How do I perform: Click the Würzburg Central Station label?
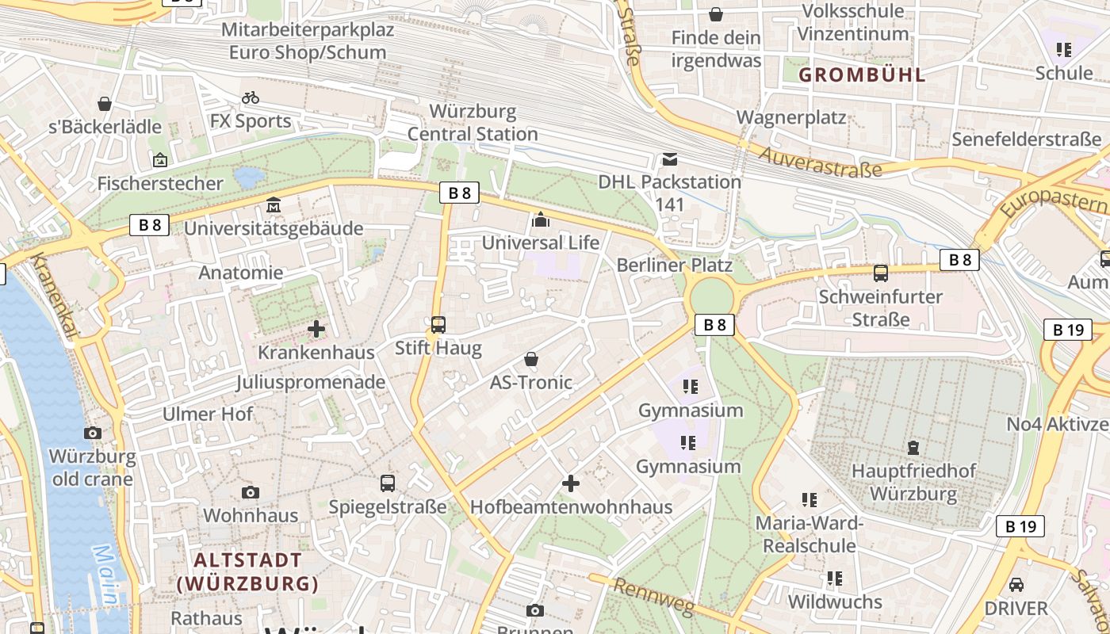tap(473, 122)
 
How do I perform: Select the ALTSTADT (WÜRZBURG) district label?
tap(247, 571)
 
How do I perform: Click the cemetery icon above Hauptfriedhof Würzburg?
tap(913, 448)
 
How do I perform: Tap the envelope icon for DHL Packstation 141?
tap(670, 158)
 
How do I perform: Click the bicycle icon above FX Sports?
tap(251, 97)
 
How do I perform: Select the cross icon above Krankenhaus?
tap(316, 328)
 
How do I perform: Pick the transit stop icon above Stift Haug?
tap(438, 324)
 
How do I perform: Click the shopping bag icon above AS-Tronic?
tap(531, 360)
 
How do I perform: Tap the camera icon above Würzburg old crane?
tap(93, 433)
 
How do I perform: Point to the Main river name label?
tap(107, 575)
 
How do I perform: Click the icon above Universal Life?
tap(541, 220)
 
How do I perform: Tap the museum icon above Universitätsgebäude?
tap(274, 205)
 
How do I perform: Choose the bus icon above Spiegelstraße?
tap(388, 483)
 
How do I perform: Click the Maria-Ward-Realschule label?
tap(810, 534)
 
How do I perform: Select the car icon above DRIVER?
tap(1016, 585)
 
